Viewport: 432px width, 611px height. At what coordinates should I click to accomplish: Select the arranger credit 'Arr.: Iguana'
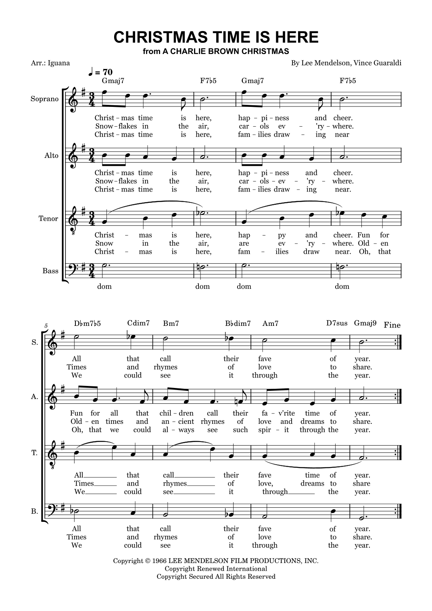click(x=50, y=63)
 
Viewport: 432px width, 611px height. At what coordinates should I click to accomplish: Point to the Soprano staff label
click(x=44, y=99)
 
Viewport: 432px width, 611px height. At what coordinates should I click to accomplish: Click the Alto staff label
click(x=51, y=156)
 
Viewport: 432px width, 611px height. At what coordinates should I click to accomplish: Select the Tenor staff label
click(x=48, y=219)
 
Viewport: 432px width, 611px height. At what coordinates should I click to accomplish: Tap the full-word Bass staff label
click(x=50, y=271)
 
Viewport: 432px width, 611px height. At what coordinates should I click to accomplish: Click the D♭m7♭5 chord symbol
click(x=87, y=323)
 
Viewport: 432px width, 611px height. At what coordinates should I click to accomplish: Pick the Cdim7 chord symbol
click(x=138, y=323)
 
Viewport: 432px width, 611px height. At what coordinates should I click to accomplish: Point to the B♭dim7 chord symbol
click(x=238, y=323)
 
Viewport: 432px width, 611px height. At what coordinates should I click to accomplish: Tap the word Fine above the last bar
click(x=392, y=325)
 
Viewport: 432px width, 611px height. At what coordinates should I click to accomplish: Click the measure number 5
click(x=46, y=325)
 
